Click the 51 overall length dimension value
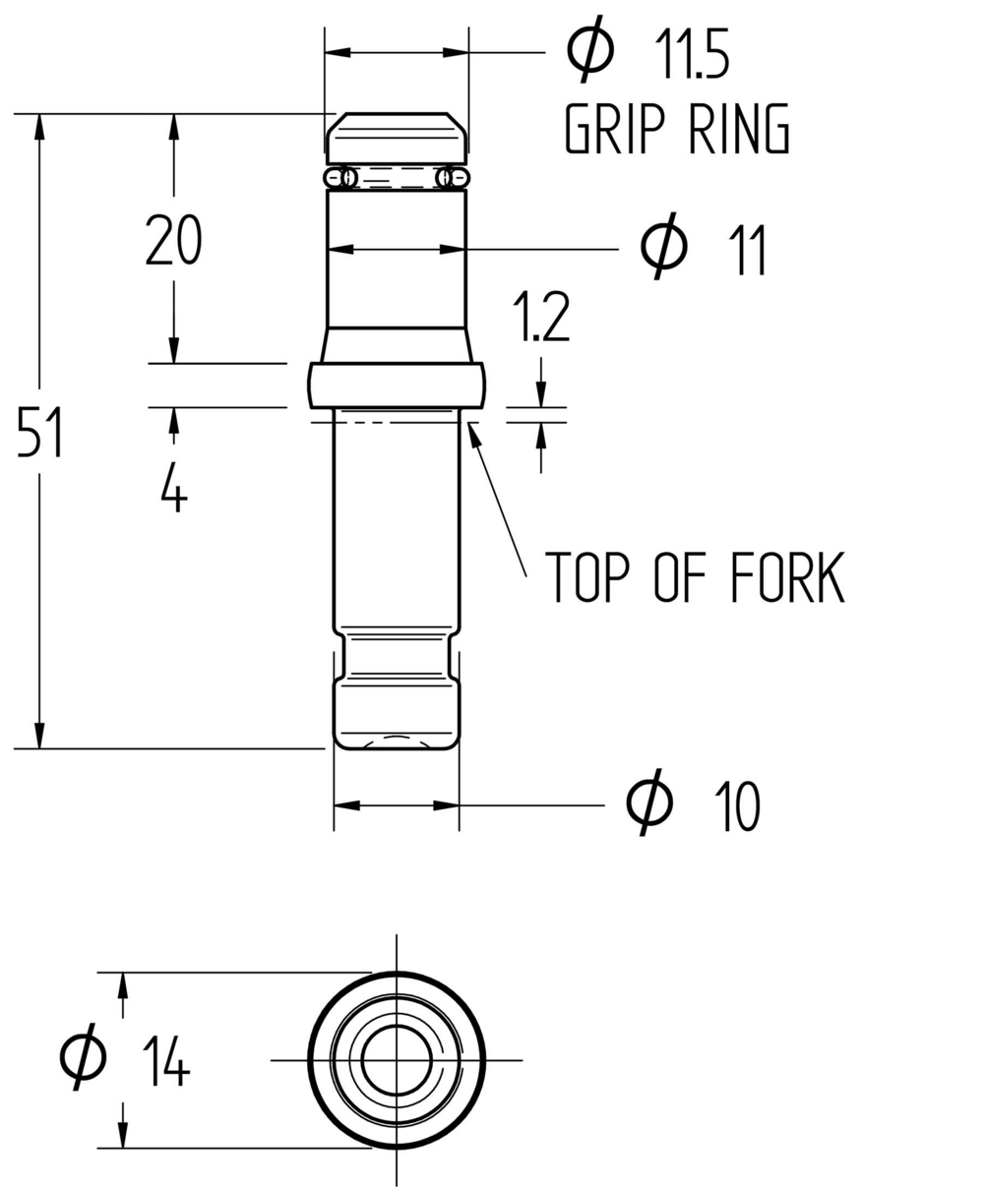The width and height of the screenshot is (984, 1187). [x=40, y=434]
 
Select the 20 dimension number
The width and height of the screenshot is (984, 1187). [x=173, y=241]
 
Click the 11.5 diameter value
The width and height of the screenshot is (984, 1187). [x=692, y=55]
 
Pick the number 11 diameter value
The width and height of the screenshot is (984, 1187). [x=747, y=251]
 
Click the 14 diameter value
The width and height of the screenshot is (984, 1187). [x=165, y=1062]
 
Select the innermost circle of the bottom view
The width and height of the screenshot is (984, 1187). [x=397, y=1060]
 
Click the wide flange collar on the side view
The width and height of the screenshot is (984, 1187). [x=397, y=385]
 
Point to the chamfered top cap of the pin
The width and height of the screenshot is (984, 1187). [x=397, y=138]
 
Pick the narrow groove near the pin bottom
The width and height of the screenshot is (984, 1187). [x=397, y=655]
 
